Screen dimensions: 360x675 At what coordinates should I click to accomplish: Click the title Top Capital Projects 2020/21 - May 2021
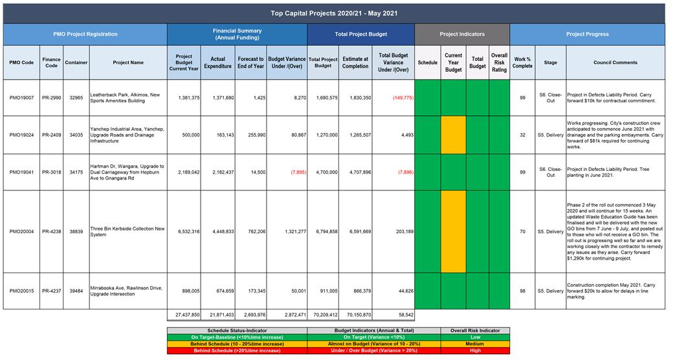(x=333, y=13)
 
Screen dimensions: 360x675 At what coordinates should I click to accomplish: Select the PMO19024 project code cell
(x=22, y=135)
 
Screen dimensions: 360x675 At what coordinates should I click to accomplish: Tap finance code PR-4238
(x=52, y=231)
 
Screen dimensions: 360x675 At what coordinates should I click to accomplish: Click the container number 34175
(x=76, y=172)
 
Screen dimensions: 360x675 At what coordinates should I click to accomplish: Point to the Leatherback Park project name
(x=127, y=98)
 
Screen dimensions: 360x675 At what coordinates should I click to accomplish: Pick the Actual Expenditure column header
(x=217, y=62)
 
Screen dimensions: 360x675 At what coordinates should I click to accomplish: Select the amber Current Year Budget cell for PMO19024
(x=453, y=135)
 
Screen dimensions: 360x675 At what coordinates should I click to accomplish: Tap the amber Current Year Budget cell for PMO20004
(x=453, y=231)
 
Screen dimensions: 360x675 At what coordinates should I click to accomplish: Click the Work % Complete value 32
(x=522, y=135)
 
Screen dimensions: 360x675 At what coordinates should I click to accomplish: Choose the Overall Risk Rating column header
(x=499, y=62)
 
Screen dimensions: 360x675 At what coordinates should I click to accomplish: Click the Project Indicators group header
(x=462, y=34)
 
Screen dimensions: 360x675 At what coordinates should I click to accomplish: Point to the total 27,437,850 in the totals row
(x=184, y=314)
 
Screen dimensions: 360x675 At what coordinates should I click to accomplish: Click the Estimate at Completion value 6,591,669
(x=355, y=231)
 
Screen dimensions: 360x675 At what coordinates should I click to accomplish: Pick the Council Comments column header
(x=615, y=62)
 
